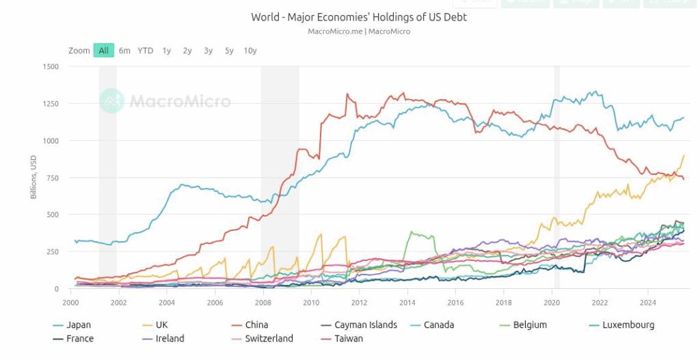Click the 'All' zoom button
point(103,51)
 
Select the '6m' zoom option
point(124,51)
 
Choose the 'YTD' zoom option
point(145,51)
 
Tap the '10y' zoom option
point(250,51)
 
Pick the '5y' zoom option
point(229,51)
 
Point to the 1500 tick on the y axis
point(51,66)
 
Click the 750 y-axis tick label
point(53,178)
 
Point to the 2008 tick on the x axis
point(263,301)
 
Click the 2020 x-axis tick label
point(552,301)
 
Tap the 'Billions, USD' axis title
point(33,178)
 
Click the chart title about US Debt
point(359,17)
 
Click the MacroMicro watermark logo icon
point(111,101)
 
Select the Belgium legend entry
point(529,325)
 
